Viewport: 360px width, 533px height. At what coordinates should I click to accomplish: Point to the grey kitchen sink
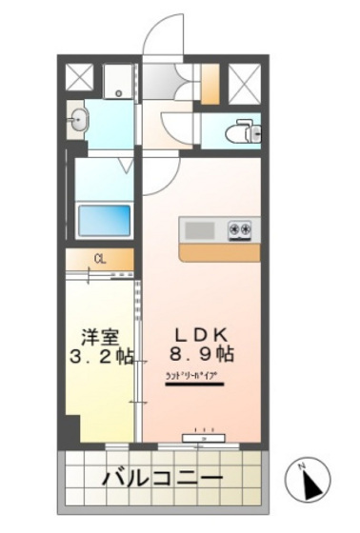[x=200, y=230]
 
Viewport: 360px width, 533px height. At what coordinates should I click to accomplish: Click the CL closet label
[x=99, y=257]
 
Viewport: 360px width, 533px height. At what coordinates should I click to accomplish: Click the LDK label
[x=201, y=334]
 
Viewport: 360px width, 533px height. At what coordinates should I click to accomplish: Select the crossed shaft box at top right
[x=244, y=83]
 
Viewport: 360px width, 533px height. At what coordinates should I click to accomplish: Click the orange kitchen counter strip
[x=218, y=252]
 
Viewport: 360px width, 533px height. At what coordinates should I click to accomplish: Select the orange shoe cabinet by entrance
[x=209, y=81]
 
